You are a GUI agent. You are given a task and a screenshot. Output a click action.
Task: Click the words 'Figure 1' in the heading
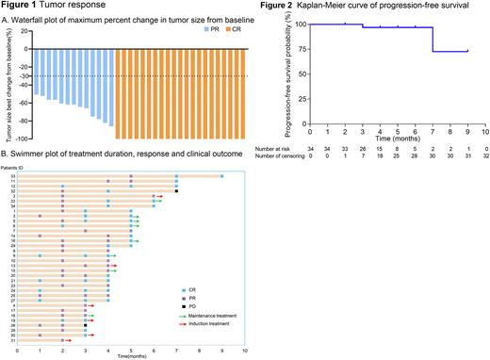click(x=22, y=6)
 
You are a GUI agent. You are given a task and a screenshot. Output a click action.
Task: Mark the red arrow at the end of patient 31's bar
click(x=68, y=341)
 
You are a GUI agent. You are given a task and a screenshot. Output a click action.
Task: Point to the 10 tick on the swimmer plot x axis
click(x=245, y=350)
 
